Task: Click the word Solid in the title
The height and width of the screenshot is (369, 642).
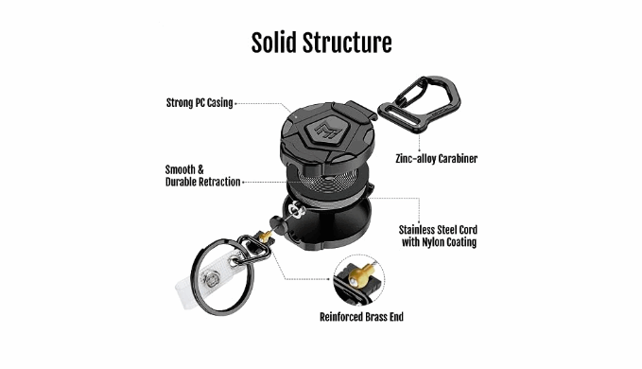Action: (x=273, y=43)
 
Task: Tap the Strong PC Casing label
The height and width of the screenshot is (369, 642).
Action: (x=200, y=103)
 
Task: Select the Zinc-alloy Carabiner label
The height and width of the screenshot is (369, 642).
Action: (x=437, y=159)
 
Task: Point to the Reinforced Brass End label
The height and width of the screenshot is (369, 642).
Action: (x=361, y=317)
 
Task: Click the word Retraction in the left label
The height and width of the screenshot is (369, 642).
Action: (x=219, y=182)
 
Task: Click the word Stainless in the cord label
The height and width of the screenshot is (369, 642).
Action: (x=418, y=229)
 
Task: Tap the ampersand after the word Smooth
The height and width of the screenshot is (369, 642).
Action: (x=200, y=169)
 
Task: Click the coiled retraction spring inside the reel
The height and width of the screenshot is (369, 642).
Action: (x=327, y=178)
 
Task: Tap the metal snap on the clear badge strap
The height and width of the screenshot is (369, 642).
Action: (x=211, y=279)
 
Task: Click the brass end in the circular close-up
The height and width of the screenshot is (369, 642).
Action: (x=360, y=275)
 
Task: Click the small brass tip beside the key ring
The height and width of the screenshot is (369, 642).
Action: (x=264, y=237)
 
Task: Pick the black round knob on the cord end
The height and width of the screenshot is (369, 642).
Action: (x=277, y=224)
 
